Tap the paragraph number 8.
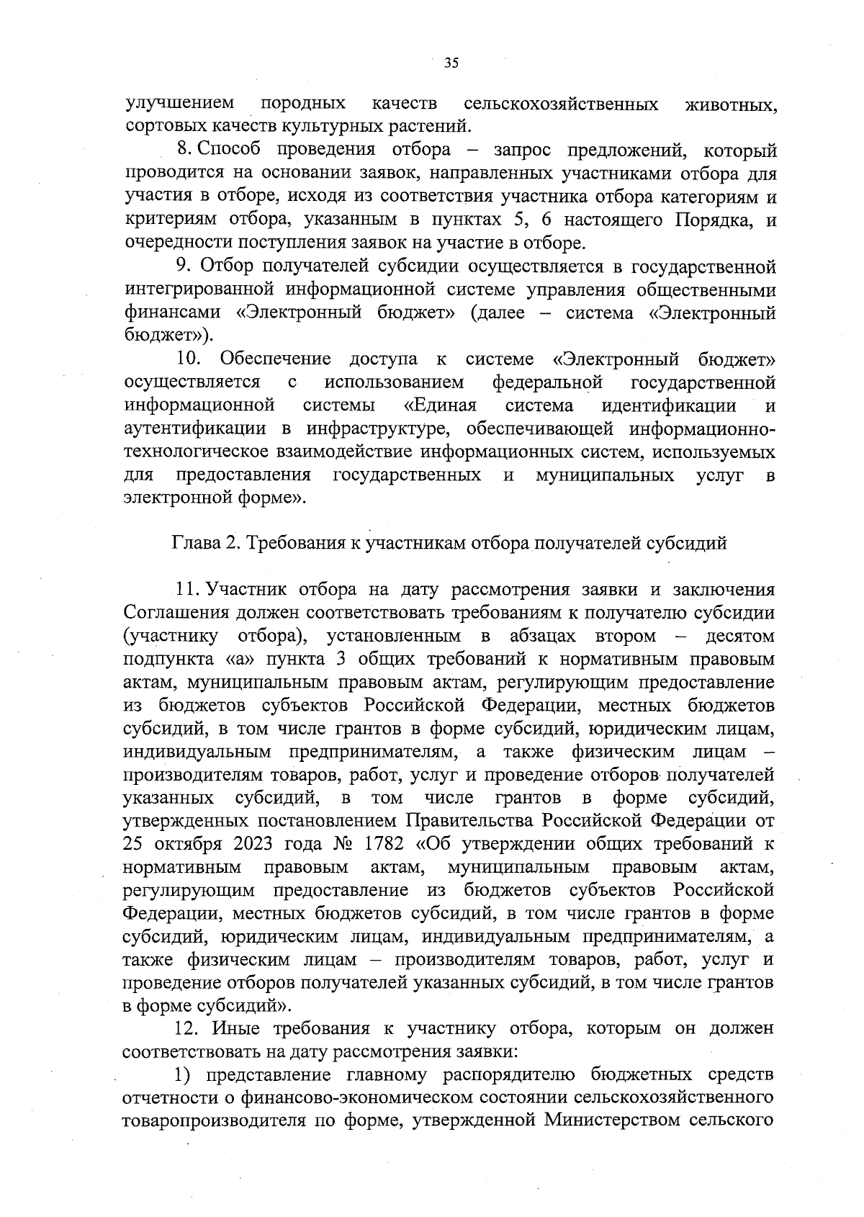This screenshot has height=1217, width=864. tap(181, 150)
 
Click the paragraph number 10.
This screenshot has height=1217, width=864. tap(189, 359)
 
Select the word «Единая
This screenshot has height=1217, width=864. tap(441, 405)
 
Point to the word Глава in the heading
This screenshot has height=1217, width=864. tap(194, 544)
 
